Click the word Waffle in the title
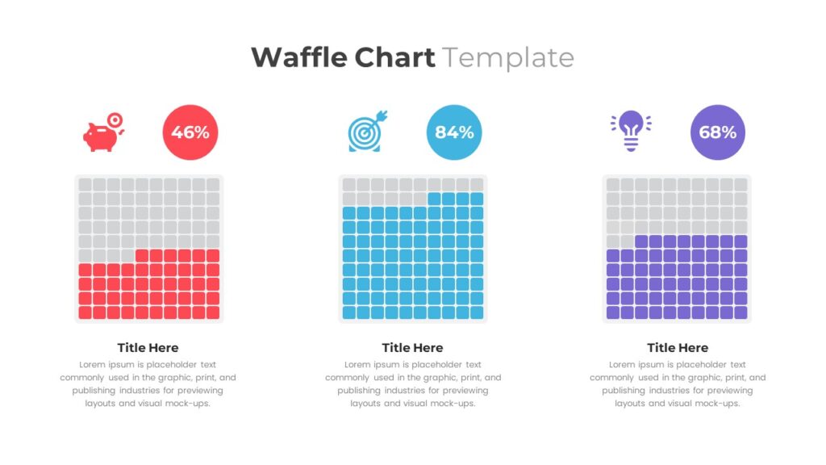pyautogui.click(x=299, y=58)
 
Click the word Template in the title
pyautogui.click(x=507, y=58)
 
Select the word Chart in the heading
pyautogui.click(x=393, y=58)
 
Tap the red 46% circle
pyautogui.click(x=190, y=132)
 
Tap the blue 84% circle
pyautogui.click(x=454, y=132)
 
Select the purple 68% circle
pyautogui.click(x=718, y=132)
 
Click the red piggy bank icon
pyautogui.click(x=101, y=136)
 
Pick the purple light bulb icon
pyautogui.click(x=631, y=131)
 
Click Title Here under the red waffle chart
pyautogui.click(x=148, y=348)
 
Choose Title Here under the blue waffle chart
pyautogui.click(x=412, y=348)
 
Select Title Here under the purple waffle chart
pyautogui.click(x=678, y=348)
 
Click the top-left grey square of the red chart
pyautogui.click(x=85, y=185)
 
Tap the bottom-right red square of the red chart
pyautogui.click(x=213, y=312)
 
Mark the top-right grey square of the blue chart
pyautogui.click(x=477, y=185)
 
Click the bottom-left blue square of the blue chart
pyautogui.click(x=348, y=312)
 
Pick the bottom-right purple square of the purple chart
pyautogui.click(x=740, y=312)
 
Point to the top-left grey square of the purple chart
pyautogui.click(x=613, y=185)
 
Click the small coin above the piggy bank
pyautogui.click(x=115, y=119)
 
